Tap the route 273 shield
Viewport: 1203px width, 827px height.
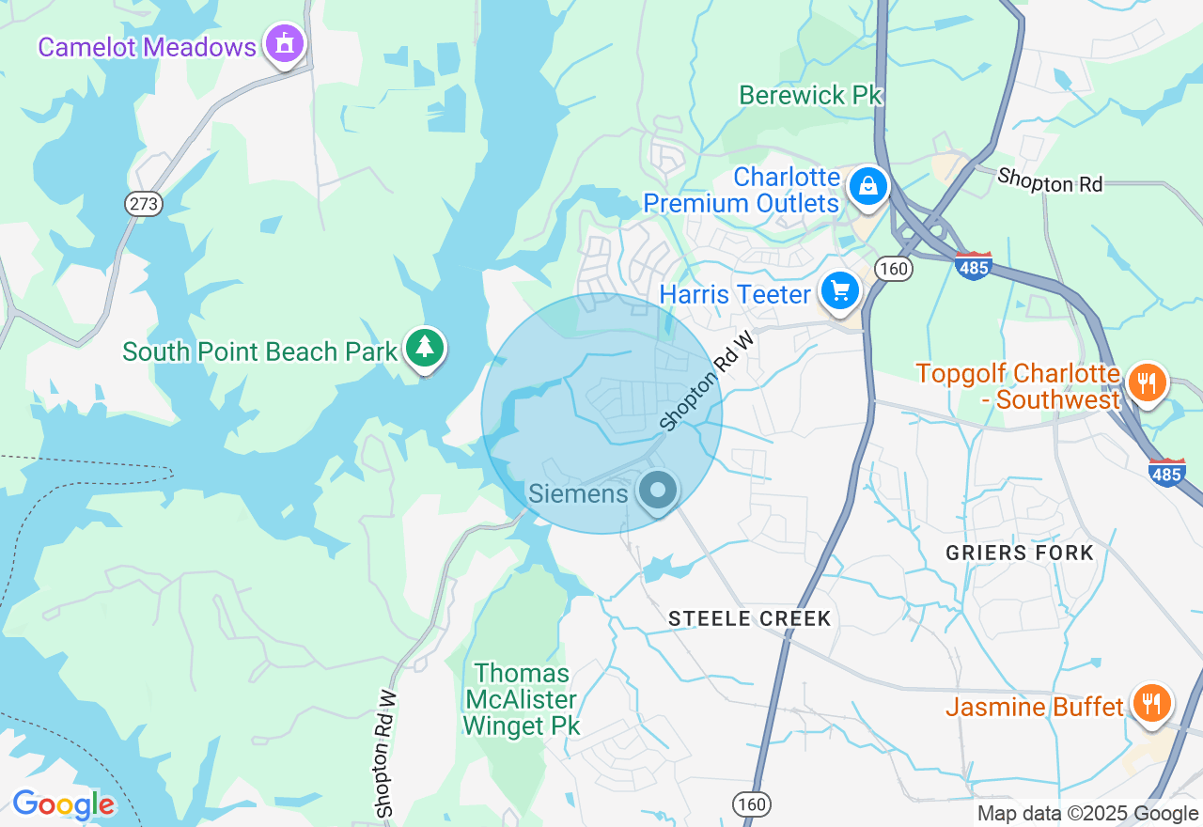click(x=144, y=204)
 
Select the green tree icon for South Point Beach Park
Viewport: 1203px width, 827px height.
click(x=425, y=349)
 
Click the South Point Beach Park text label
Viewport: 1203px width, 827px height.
click(x=260, y=351)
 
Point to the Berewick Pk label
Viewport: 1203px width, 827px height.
click(x=810, y=95)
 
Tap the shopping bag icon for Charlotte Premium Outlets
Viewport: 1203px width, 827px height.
click(x=868, y=187)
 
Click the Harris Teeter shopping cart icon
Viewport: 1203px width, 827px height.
click(x=839, y=292)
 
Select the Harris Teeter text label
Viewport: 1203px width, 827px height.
click(x=735, y=294)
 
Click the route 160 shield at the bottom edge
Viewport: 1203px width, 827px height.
click(x=752, y=804)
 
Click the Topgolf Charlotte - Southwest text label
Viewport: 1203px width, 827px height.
click(x=1019, y=386)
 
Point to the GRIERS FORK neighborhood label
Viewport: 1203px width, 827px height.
click(x=1020, y=553)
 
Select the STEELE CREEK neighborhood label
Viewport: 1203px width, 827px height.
click(x=750, y=618)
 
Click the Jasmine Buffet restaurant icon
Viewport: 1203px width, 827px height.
click(x=1150, y=704)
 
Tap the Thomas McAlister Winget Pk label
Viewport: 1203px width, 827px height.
click(x=523, y=699)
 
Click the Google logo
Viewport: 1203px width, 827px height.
click(x=63, y=804)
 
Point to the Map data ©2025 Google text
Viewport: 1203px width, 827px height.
click(x=1087, y=814)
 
